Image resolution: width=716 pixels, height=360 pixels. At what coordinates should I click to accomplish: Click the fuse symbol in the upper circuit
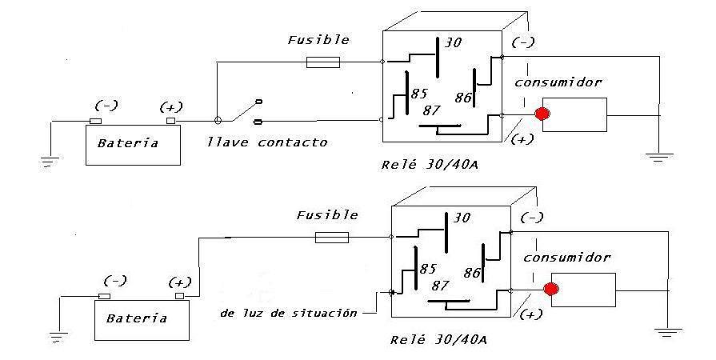coord(323,62)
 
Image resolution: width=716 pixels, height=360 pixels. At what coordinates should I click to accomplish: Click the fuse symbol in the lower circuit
coord(332,238)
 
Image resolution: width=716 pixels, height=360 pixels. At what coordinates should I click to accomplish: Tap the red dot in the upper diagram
coord(542,114)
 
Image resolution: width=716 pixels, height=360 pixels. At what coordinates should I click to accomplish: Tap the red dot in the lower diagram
coord(551,289)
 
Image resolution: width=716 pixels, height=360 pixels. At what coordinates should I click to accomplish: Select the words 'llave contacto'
coord(267,142)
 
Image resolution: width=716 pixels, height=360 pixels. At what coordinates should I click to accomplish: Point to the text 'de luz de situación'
coord(289,314)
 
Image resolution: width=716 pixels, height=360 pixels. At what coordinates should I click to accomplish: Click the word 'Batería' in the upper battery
coord(128,143)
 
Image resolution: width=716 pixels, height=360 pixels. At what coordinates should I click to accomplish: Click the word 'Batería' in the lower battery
coord(137,318)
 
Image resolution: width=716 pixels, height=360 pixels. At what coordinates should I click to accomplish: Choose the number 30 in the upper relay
coord(453,43)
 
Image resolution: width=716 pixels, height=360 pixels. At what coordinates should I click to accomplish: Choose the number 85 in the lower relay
coord(427,269)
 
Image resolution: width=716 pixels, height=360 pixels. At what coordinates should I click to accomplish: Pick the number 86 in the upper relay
coord(463,98)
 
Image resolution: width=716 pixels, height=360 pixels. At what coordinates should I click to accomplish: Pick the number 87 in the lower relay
coord(440,286)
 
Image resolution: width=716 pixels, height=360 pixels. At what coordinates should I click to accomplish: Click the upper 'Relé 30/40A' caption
coord(430,165)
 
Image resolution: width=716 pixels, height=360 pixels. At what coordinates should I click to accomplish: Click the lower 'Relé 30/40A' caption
coord(438,340)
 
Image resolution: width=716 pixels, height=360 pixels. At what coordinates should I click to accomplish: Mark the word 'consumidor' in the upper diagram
coord(558,82)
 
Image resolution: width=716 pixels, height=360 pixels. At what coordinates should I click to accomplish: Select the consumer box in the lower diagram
coord(583,290)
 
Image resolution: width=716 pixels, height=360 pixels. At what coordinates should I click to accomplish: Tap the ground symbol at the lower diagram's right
coord(667,332)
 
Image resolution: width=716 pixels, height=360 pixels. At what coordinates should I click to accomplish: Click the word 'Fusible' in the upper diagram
coord(318,40)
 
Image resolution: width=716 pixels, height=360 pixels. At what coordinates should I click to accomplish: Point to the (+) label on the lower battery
coord(180,282)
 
